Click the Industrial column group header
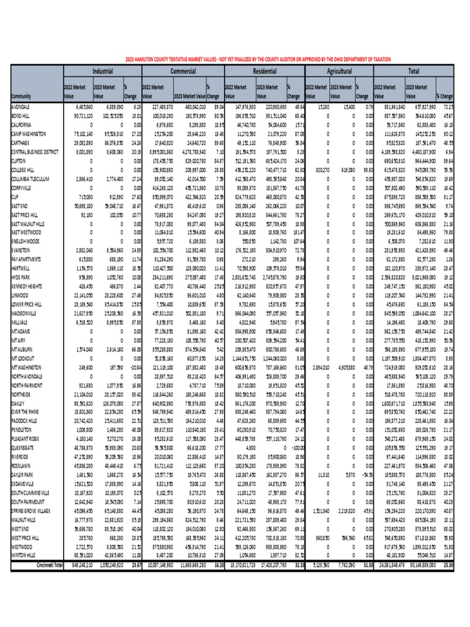102,71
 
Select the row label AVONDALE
22,107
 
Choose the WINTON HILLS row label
25,554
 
